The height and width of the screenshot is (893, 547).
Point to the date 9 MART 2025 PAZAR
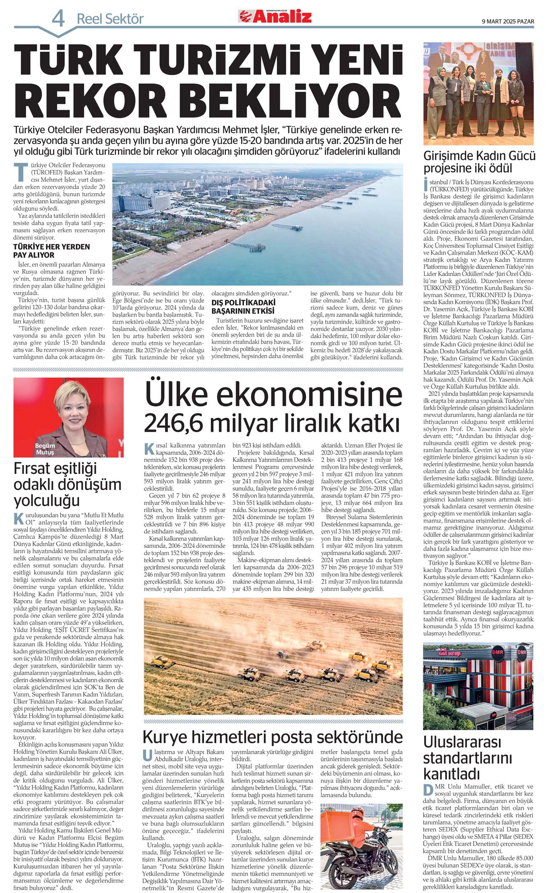(x=508, y=21)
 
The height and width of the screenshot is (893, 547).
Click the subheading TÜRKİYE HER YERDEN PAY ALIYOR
(x=51, y=250)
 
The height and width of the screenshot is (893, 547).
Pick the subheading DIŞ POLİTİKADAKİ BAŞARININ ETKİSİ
(x=243, y=306)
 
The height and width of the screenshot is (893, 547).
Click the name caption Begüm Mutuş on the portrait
(x=45, y=449)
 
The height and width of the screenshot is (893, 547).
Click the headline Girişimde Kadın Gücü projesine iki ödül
(x=479, y=162)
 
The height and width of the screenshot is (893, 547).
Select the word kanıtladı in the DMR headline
(x=451, y=773)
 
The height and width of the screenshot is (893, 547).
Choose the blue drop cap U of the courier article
(x=147, y=755)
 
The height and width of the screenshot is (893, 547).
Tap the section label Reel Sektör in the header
(x=110, y=19)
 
